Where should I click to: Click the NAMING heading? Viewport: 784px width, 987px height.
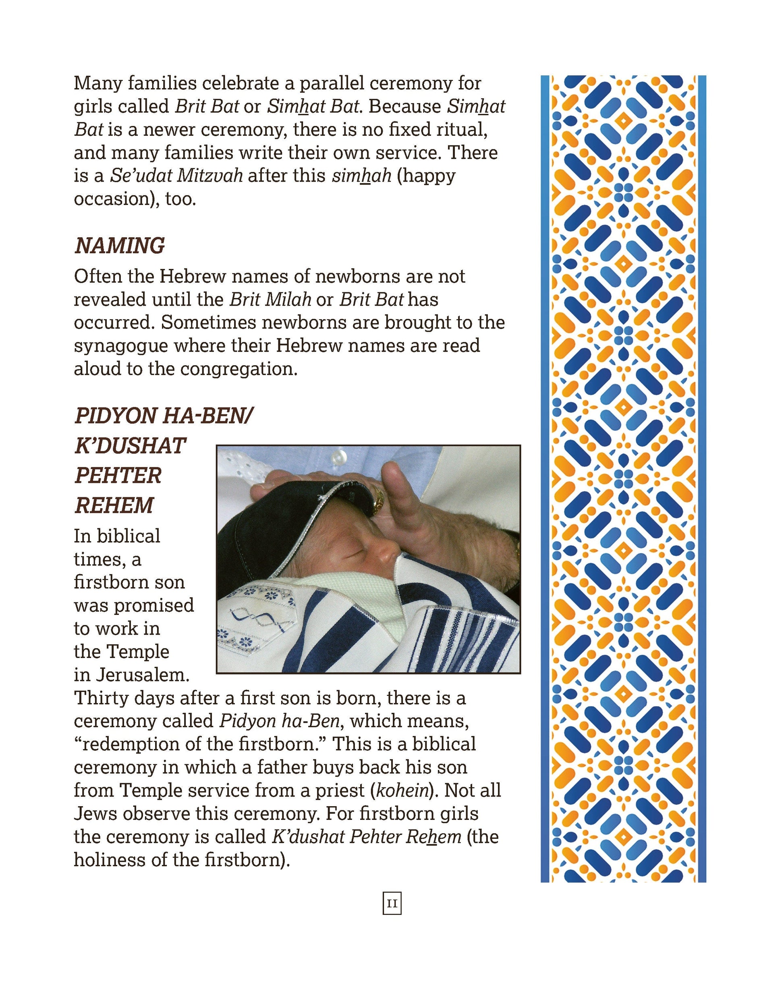[120, 246]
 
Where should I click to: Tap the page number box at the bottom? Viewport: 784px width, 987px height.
[392, 903]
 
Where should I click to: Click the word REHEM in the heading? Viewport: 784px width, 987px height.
[114, 505]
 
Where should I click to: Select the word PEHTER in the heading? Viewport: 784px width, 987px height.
[118, 476]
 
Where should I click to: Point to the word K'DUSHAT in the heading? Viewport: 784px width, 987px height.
[130, 446]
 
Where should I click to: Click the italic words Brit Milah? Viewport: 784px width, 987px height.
[270, 299]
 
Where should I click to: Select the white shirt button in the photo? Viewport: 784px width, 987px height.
[339, 456]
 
